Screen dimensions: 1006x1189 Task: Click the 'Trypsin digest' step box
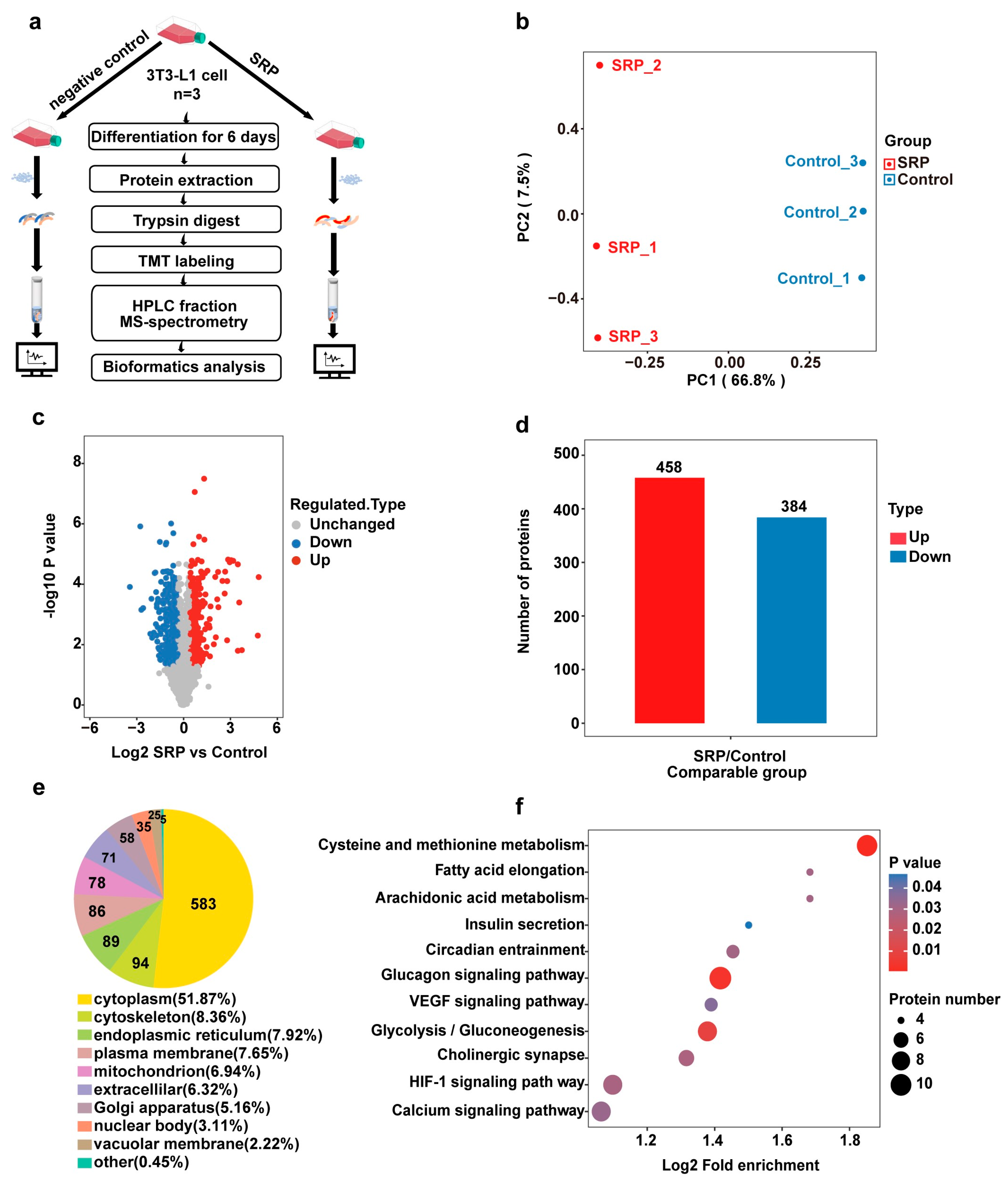186,220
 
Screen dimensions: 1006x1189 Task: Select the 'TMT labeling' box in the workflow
186,260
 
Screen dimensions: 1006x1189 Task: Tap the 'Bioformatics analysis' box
186,367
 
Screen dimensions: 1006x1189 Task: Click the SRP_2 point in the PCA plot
599,66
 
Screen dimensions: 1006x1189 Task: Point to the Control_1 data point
862,278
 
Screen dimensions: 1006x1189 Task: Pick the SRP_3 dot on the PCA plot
598,338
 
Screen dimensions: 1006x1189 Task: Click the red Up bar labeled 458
670,600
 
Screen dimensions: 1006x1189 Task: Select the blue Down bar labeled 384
792,620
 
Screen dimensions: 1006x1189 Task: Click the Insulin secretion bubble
749,925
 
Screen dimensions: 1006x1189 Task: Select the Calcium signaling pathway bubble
601,1111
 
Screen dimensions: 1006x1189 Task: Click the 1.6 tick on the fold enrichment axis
782,1140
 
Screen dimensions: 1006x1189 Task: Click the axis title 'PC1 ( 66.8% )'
736,380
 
